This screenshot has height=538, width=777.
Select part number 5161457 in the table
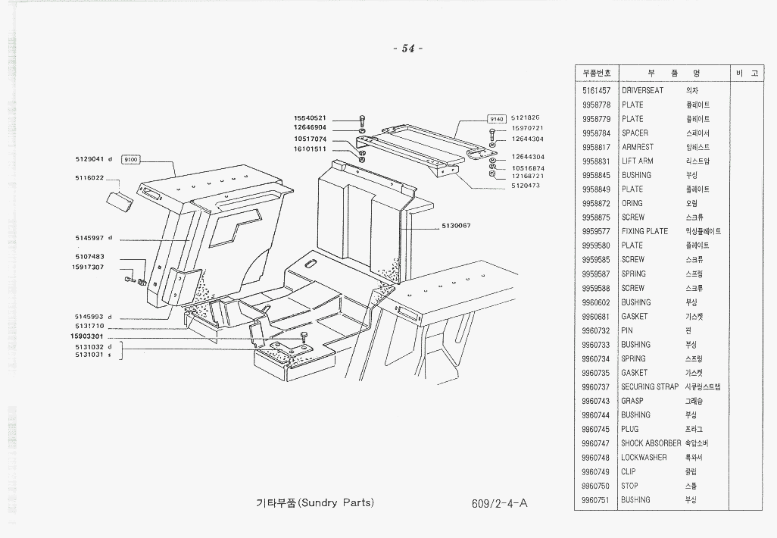coord(597,90)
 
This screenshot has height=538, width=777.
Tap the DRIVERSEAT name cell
coord(642,90)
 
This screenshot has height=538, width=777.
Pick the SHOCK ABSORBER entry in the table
coord(651,443)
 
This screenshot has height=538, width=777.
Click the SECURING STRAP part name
coord(650,386)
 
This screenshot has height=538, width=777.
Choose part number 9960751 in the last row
coord(597,500)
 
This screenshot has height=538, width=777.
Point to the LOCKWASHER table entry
coord(644,458)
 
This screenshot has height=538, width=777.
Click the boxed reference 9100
coord(131,160)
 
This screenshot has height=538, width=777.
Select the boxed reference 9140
coord(496,119)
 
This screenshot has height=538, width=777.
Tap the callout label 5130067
coord(456,226)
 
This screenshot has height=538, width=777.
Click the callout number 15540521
coord(310,118)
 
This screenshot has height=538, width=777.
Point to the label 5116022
coord(89,179)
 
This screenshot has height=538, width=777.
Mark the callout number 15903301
coord(86,336)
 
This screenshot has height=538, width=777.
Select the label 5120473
coord(526,186)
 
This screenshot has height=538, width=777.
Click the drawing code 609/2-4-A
coord(498,503)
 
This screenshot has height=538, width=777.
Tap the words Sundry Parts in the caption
coord(339,502)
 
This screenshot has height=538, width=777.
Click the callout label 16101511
coord(310,149)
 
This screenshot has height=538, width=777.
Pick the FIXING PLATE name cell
coord(644,231)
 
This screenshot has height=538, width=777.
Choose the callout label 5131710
coord(89,326)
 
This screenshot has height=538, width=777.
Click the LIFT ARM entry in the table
coord(637,161)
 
